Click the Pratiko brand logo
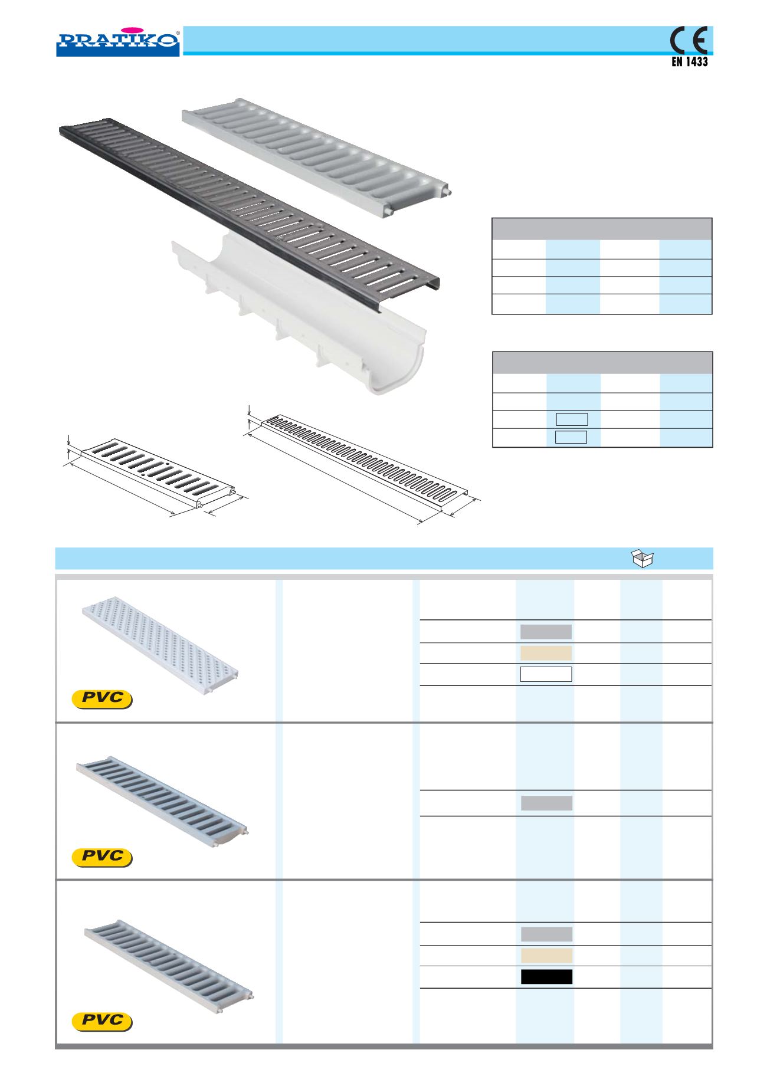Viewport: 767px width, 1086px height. pos(118,41)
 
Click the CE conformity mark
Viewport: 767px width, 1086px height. pos(689,41)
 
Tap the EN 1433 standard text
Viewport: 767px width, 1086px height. pos(690,61)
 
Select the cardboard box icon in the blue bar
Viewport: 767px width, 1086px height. pos(643,558)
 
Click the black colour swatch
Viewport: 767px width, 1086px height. pos(546,976)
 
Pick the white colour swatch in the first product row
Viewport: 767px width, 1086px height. pos(546,674)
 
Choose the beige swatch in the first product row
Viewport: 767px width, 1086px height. pos(546,653)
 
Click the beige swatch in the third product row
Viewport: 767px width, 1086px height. pos(546,955)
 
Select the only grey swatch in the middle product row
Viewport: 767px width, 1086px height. pos(546,803)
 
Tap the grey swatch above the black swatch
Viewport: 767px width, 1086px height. pos(546,934)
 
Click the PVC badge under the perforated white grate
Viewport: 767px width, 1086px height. pos(101,698)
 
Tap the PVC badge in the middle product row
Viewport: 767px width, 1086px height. pos(101,857)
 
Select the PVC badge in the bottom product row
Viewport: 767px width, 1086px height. pos(101,1021)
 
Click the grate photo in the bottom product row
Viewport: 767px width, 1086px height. pos(169,959)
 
